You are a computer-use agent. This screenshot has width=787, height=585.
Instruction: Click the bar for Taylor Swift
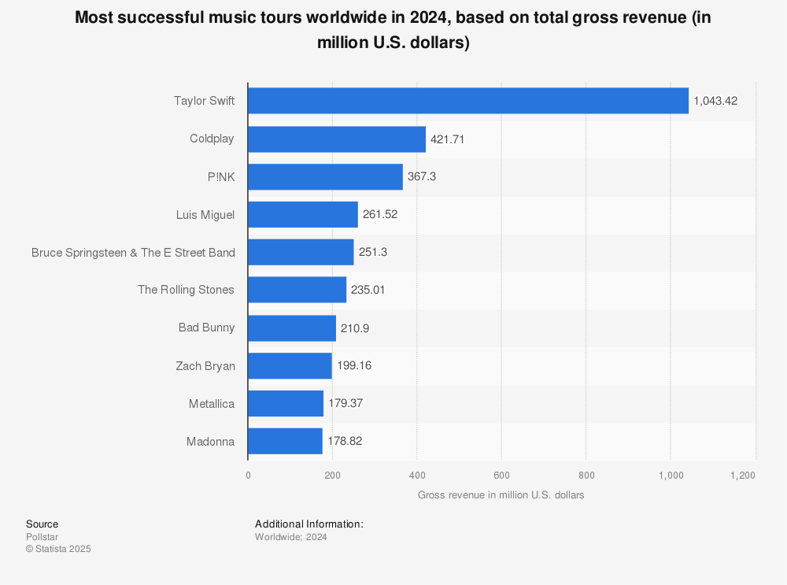(468, 101)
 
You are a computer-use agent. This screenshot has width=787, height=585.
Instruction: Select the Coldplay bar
(337, 139)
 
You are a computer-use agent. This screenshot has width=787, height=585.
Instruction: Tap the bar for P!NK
(325, 176)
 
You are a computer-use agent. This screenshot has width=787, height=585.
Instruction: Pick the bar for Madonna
(285, 441)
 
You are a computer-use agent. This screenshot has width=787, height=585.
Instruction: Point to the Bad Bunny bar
(292, 328)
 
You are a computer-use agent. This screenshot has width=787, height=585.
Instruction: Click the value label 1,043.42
(715, 101)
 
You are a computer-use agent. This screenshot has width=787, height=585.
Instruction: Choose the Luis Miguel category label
(205, 214)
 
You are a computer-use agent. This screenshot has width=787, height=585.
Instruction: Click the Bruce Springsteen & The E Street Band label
(133, 252)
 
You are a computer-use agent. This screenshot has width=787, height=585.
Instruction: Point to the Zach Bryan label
(205, 365)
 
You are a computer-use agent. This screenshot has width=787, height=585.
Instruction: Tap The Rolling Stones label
(186, 290)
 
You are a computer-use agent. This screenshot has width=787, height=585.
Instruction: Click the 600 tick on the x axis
(501, 475)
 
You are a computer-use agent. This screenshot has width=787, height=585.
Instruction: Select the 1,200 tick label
(742, 475)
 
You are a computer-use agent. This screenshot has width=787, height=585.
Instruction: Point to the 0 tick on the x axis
(248, 475)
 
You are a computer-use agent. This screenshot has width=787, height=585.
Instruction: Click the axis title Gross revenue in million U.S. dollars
(501, 495)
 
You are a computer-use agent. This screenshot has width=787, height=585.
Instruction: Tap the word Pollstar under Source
(42, 537)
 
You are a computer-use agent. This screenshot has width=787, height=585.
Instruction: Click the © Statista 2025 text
(58, 549)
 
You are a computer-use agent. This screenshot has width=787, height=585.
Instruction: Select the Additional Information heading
(309, 524)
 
